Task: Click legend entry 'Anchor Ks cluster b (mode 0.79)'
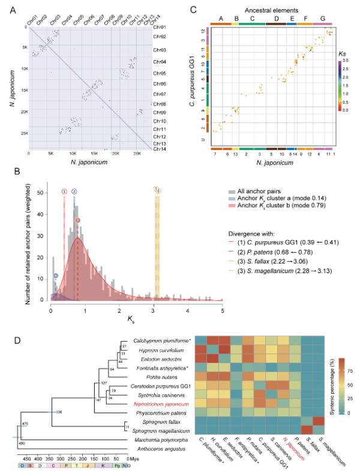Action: (x=282, y=206)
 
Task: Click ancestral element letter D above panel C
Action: (x=275, y=19)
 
